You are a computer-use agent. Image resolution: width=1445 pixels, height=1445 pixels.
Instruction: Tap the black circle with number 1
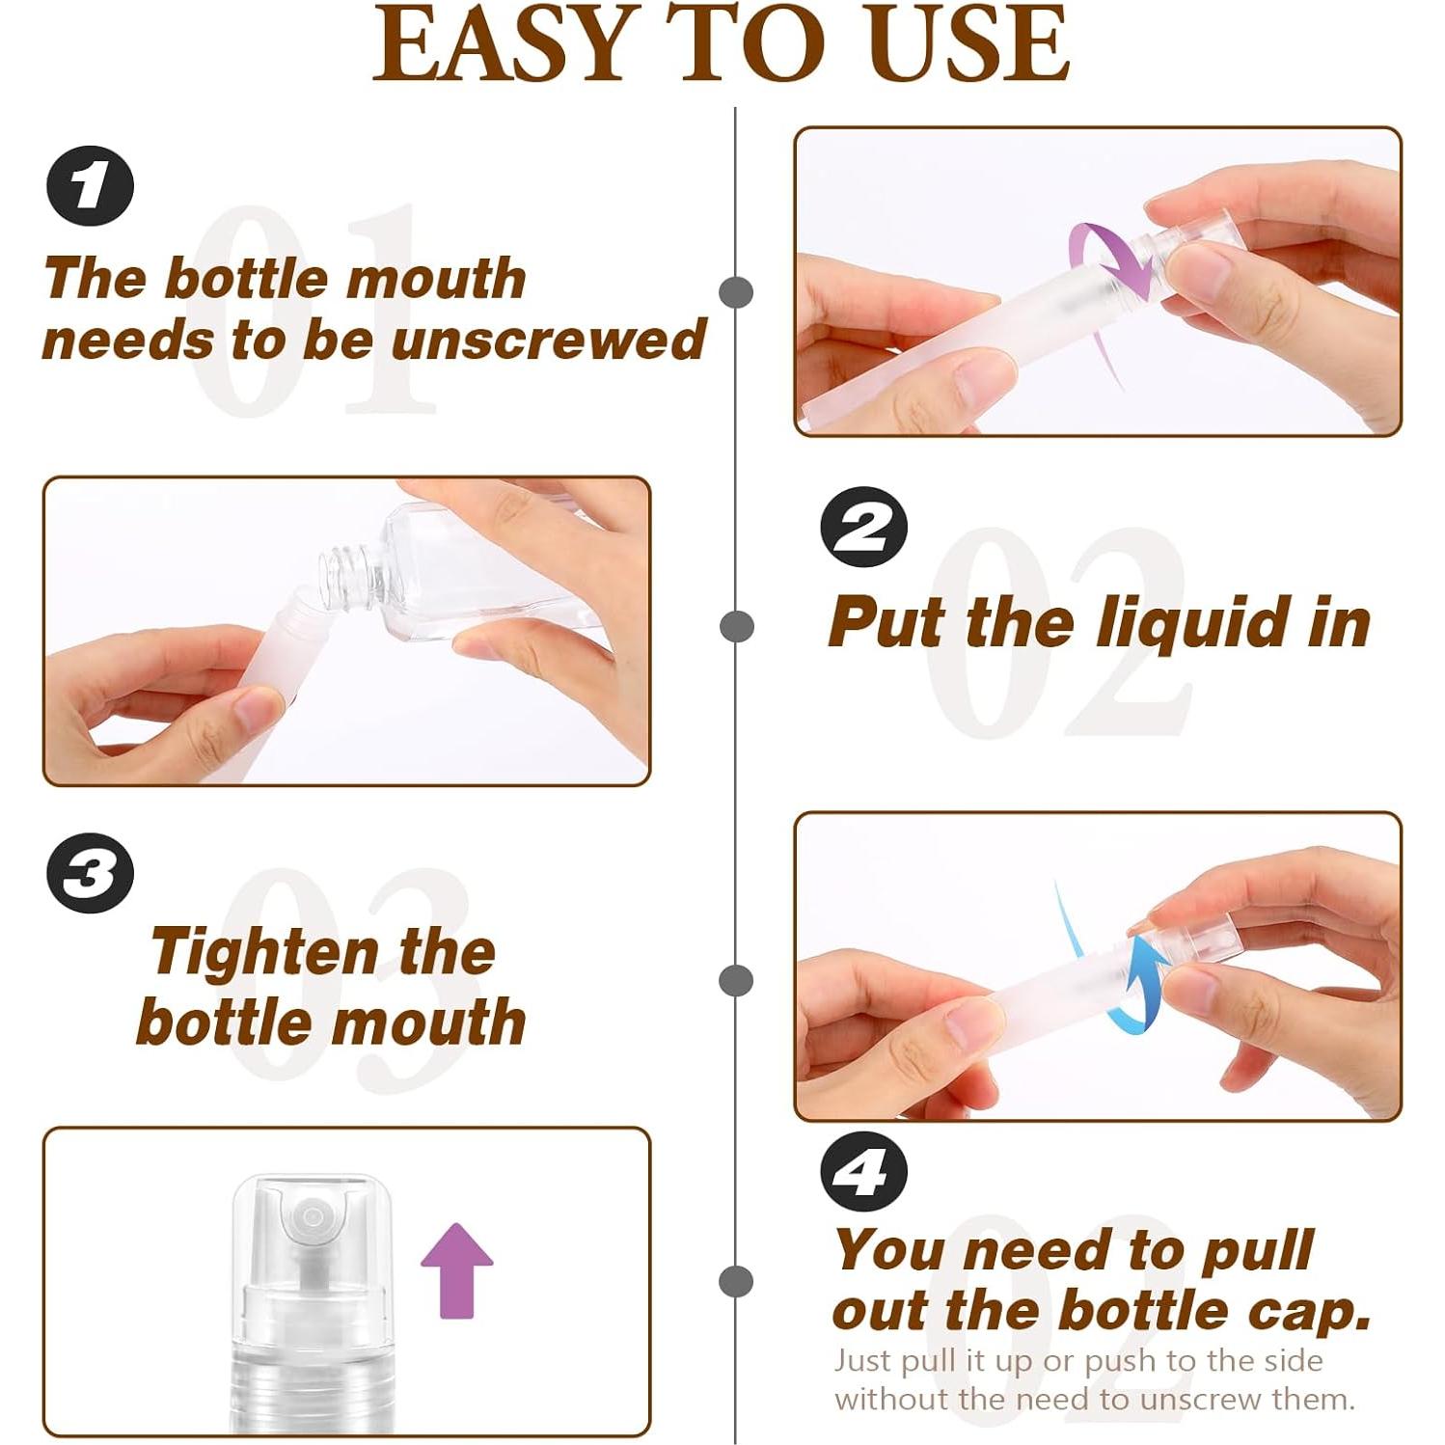point(90,186)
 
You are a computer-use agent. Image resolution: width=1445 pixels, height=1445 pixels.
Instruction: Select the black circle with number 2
point(863,527)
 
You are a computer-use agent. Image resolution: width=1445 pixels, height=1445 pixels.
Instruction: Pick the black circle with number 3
point(90,874)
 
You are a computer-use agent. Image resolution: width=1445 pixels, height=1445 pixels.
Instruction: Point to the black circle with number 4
point(863,1172)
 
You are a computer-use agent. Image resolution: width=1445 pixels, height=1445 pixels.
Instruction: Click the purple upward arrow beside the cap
point(456,1269)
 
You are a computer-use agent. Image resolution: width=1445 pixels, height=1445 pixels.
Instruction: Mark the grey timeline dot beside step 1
point(736,292)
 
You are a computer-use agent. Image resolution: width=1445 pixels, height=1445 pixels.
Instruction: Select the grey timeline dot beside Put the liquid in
point(736,626)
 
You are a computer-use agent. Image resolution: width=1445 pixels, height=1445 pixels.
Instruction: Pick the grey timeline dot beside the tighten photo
point(736,980)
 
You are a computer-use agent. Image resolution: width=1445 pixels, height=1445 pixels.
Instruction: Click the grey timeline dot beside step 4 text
point(736,1282)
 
